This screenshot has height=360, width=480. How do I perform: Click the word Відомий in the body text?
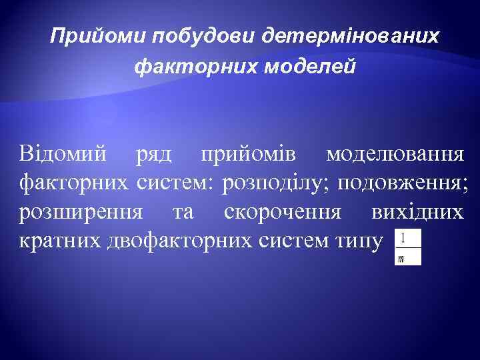click(62, 155)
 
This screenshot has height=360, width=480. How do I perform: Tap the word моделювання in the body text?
click(396, 155)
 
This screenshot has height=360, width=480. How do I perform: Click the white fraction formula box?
click(408, 247)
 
